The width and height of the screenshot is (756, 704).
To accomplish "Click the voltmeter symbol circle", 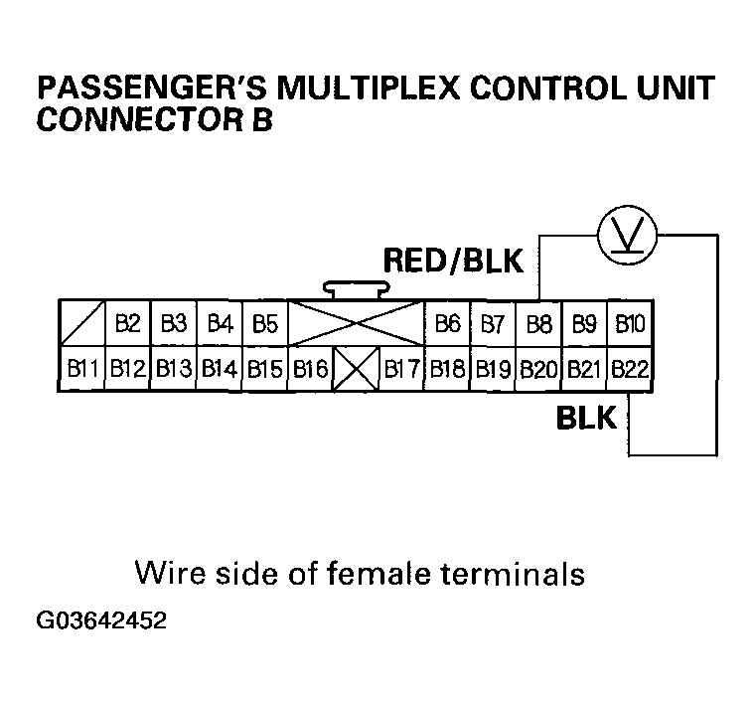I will pos(628,236).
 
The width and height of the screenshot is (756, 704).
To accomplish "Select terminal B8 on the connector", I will pos(539,323).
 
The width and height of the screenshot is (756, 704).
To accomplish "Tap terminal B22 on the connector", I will pos(630,369).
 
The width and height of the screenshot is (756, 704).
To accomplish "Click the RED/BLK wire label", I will pos(453,261).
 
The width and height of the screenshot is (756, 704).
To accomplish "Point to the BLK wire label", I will pos(586,419).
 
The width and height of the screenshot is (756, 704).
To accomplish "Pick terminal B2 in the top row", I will pos(127,323).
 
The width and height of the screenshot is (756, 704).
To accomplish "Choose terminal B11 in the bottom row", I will pos(81,369).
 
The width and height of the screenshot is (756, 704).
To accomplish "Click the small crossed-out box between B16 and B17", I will pos(355,369).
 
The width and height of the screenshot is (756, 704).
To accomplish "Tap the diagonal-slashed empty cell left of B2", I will pos(81,323).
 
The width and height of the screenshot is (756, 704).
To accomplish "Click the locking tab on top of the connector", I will pos(355,289).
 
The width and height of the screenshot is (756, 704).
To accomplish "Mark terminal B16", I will pos(310,369).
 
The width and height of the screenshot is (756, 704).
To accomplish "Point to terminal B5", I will pos(264,323).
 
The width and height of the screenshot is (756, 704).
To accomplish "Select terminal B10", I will pos(630,323).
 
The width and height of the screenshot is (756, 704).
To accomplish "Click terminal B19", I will pos(493,369).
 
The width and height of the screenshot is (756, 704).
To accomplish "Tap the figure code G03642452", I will pos(100,622).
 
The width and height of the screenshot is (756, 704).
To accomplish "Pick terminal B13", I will pos(173,369).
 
